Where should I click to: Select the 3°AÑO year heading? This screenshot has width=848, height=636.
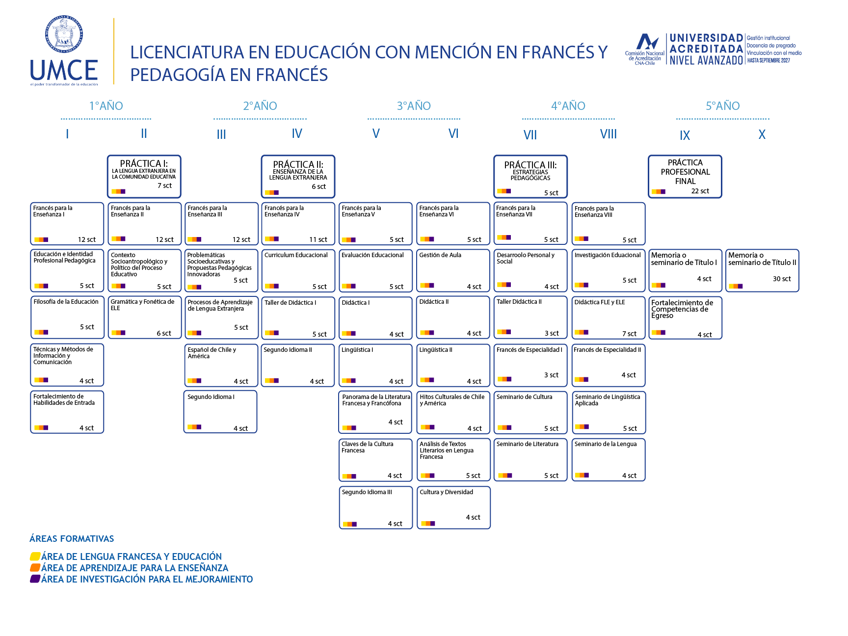point(414,106)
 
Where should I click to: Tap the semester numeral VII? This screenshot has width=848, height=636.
point(530,135)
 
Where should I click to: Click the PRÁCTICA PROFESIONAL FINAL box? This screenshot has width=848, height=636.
point(685,177)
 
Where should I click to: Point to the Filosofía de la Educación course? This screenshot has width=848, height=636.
point(67,317)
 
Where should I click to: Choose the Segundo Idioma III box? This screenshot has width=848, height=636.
point(375,507)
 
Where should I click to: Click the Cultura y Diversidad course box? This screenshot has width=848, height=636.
point(453,507)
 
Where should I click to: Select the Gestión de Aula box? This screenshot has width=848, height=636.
point(453,270)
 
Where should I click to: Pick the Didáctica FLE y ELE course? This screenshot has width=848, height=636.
point(609,318)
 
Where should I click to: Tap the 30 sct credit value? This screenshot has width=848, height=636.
point(782,279)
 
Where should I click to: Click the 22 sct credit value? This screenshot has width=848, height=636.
point(700,191)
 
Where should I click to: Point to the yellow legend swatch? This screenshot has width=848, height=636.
point(35,556)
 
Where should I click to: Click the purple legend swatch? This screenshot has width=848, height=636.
point(35,579)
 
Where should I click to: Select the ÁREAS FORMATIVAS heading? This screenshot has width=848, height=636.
point(72,539)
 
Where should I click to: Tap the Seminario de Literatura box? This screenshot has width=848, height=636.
point(530,460)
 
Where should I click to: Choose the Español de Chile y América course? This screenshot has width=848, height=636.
point(221,365)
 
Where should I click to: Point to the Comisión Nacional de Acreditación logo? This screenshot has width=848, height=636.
point(645,50)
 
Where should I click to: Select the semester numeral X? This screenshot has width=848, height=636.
point(762,134)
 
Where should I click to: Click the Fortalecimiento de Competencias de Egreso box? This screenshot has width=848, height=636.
point(686,318)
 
